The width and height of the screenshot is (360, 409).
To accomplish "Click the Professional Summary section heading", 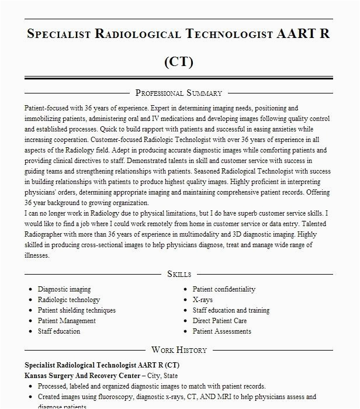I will tap(179, 93).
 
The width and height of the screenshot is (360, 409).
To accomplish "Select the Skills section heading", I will tap(179, 274).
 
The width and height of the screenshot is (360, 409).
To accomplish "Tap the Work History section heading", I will tap(179, 350).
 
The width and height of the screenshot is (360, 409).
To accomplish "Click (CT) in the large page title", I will tap(179, 61).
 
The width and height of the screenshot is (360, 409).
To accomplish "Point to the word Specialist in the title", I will tap(59, 33).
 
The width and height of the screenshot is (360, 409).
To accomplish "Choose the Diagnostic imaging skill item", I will tap(64, 289).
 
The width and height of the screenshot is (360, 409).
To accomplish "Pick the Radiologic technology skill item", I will tap(69, 300).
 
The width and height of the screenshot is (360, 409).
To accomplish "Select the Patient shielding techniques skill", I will tap(77, 310).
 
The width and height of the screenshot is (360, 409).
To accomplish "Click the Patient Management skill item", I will tap(67, 321).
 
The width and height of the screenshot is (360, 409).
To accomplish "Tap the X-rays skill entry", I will tap(203, 300).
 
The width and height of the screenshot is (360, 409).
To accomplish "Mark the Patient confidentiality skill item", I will tap(224, 289).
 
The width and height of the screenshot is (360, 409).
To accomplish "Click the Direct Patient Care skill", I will tap(220, 321).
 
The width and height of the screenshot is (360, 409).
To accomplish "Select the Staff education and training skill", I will tap(231, 310).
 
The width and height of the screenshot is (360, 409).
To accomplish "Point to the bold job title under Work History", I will tap(98, 365).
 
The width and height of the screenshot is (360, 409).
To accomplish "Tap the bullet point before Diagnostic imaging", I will tap(30, 289).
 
